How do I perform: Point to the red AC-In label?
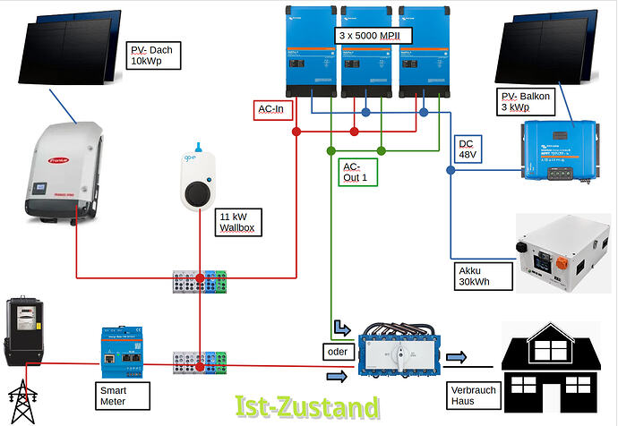270,109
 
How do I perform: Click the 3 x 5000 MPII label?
374,35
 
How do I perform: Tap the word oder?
336,352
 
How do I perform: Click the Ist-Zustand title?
306,408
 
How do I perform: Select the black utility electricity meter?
21,332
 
